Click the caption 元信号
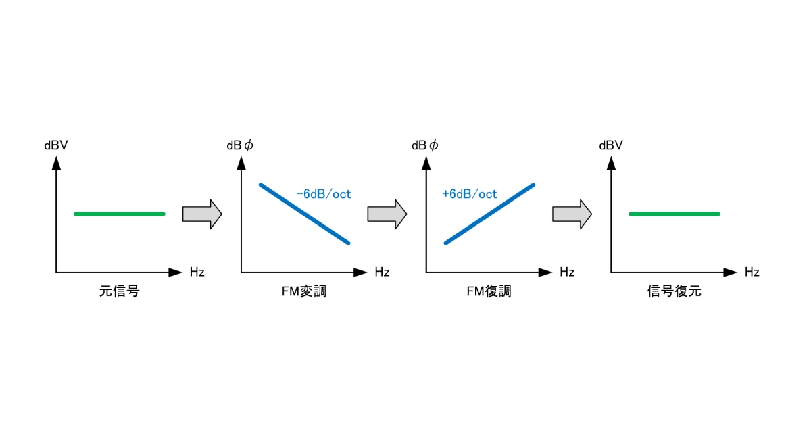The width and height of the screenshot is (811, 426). click(x=119, y=291)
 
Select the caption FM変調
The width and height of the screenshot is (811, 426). click(x=304, y=291)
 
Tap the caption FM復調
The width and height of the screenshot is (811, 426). click(x=489, y=291)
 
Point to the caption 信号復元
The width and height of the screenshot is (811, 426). click(x=674, y=291)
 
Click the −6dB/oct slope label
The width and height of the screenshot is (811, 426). click(x=324, y=194)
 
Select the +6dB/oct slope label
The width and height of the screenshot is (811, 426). click(x=470, y=194)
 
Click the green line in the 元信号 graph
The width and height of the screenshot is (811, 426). click(x=120, y=214)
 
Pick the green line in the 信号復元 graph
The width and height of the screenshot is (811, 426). click(x=674, y=214)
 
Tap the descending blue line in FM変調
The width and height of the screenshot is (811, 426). click(x=305, y=214)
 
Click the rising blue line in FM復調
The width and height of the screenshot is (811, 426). click(x=489, y=214)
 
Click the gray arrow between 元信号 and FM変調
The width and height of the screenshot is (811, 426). click(x=202, y=214)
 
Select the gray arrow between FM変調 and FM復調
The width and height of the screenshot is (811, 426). click(x=387, y=214)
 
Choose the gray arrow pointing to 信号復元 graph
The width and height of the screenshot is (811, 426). click(x=572, y=214)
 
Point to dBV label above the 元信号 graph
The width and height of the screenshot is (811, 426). click(x=56, y=145)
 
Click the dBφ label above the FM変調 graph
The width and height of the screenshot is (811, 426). click(x=240, y=145)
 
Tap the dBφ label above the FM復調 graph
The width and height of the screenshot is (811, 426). click(x=425, y=145)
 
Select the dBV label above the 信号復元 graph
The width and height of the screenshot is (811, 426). click(x=611, y=145)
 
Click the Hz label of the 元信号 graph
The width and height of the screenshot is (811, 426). click(x=197, y=272)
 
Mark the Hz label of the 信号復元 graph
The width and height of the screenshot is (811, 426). click(x=752, y=272)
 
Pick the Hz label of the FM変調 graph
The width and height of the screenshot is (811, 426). click(x=382, y=272)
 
